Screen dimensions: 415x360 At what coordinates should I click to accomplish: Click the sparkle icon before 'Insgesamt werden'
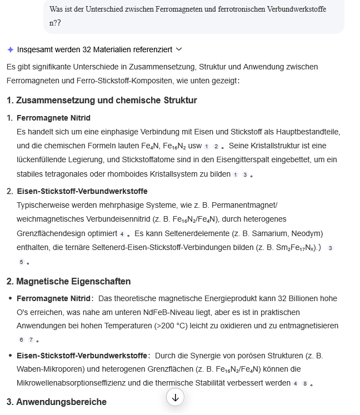(x=10, y=49)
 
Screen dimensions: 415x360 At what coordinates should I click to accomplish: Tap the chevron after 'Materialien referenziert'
(x=179, y=49)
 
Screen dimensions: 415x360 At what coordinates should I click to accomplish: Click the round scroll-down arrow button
(x=176, y=397)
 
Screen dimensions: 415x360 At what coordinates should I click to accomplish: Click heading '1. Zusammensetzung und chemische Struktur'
(x=102, y=101)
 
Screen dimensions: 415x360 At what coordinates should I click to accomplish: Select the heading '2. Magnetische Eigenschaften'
(x=69, y=281)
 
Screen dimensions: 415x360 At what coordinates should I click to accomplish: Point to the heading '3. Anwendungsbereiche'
(x=57, y=402)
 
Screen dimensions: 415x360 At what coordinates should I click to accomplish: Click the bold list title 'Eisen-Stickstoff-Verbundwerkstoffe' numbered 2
(x=82, y=191)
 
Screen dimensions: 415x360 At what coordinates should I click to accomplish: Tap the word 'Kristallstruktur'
(x=279, y=146)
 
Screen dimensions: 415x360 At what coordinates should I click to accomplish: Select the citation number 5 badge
(x=21, y=262)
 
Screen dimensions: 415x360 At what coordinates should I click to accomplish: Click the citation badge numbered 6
(x=21, y=340)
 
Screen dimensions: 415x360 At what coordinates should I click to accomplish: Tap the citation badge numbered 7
(x=31, y=340)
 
